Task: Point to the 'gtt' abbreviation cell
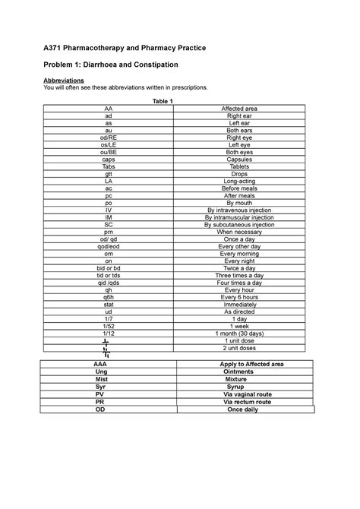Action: [x=109, y=174]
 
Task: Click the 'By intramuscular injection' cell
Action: [x=238, y=217]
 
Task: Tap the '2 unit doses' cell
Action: [x=238, y=347]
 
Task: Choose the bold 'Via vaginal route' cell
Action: [x=246, y=394]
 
